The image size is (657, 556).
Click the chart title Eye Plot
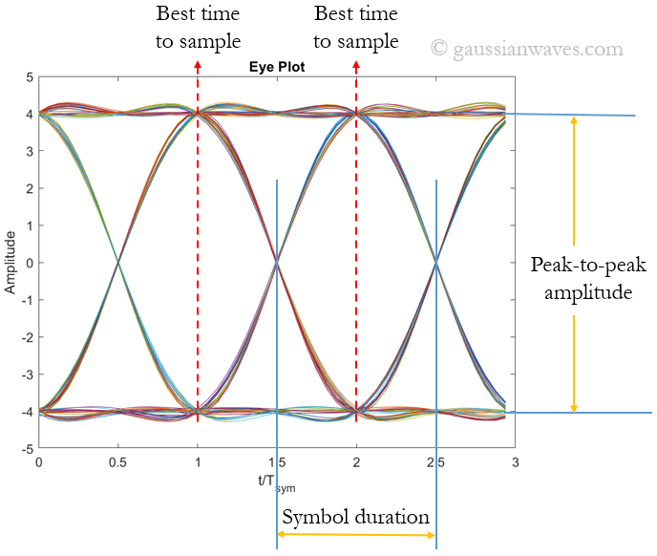coord(276,69)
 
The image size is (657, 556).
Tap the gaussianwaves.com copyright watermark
coord(526,48)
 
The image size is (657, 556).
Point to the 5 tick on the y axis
coord(29,77)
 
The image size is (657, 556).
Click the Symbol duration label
coord(356,517)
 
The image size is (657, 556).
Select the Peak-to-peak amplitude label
coord(582,278)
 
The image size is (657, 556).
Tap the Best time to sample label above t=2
coord(355,28)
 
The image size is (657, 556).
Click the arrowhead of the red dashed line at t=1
coord(198,64)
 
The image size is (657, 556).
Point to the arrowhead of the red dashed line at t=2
coord(356,64)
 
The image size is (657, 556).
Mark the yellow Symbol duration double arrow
coord(356,535)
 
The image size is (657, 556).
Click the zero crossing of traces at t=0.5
coord(117,262)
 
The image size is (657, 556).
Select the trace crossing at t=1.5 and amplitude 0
coord(277,262)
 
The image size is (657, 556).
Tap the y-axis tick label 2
coord(29,188)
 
